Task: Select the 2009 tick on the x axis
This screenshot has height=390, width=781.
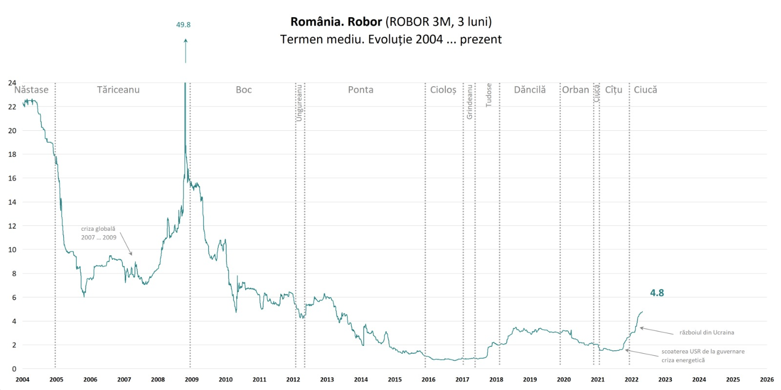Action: tap(192, 379)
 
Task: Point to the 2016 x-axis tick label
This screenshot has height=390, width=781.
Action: tap(428, 379)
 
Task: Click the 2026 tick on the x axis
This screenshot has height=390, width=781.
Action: tap(767, 379)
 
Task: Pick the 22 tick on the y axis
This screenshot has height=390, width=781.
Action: tap(12, 107)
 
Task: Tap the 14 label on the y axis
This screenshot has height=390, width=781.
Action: tap(12, 202)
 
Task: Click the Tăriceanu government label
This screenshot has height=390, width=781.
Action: tap(118, 90)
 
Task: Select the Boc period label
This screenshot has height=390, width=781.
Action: tap(244, 90)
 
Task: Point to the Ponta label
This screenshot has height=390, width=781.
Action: tap(360, 90)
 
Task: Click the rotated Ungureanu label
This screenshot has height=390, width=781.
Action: tap(299, 103)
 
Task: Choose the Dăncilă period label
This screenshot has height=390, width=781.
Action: tap(530, 90)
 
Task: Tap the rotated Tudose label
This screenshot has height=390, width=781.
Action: tap(488, 95)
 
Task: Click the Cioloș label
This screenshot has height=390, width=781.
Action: tap(443, 90)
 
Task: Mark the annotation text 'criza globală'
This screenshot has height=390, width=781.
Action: tap(98, 229)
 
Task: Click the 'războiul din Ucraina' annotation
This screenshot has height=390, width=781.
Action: tap(706, 332)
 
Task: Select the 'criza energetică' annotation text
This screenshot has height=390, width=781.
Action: tap(683, 360)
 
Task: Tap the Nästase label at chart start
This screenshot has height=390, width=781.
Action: tap(31, 90)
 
